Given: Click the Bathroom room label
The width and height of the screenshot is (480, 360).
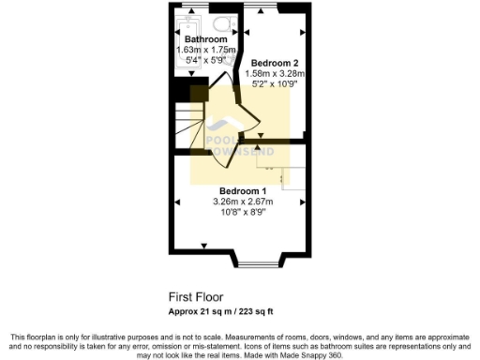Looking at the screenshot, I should click(x=204, y=39).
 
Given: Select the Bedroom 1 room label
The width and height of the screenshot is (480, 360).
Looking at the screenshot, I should click(x=240, y=191).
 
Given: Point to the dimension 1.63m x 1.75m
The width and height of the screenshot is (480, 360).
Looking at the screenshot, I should click(x=206, y=50).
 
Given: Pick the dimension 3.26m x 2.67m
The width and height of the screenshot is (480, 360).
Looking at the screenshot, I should click(x=241, y=202).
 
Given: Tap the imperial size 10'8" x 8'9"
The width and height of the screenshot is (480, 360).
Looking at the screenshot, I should click(x=241, y=212).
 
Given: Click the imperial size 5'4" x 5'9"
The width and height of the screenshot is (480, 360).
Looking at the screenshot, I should click(x=204, y=60).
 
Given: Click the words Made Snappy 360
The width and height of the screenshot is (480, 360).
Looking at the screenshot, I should click(x=314, y=355).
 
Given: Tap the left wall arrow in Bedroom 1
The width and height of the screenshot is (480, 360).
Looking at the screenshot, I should click(x=177, y=201).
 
